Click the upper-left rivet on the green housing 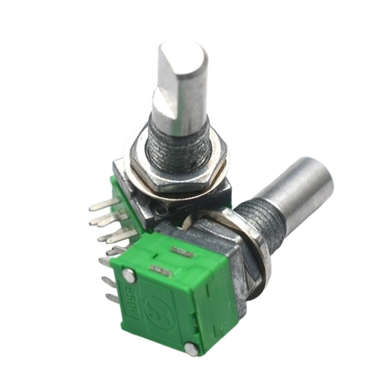[128, 274]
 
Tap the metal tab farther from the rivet [181, 253]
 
